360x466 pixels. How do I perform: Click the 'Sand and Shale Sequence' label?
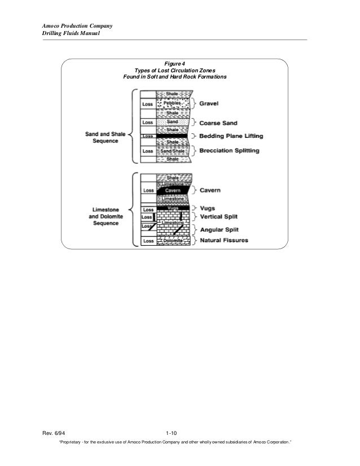click(x=101, y=137)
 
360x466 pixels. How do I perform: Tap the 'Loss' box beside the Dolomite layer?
click(x=148, y=241)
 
